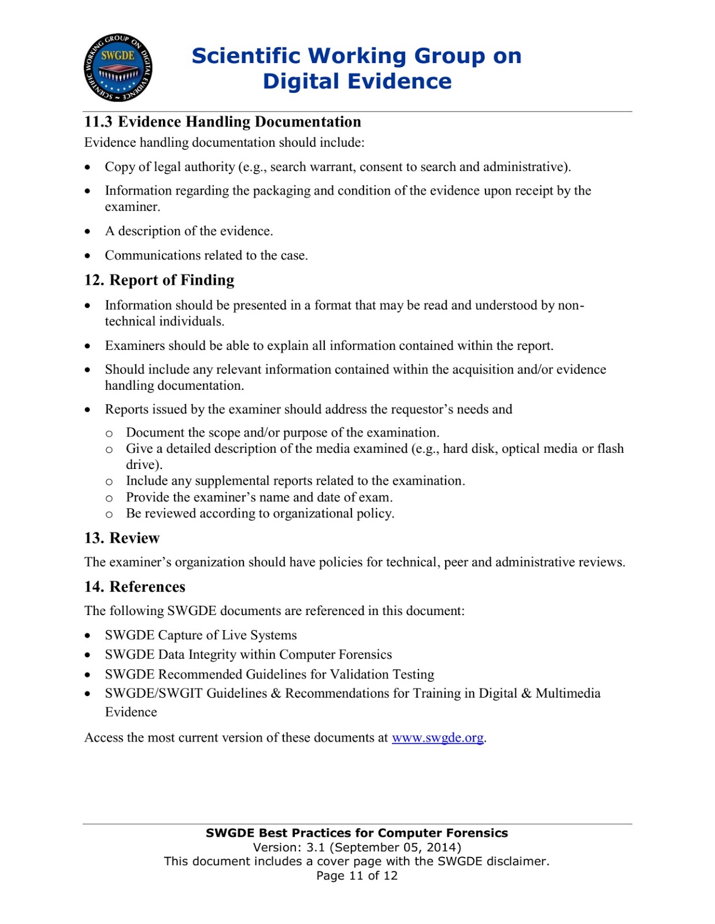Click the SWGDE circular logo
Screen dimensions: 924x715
coord(118,68)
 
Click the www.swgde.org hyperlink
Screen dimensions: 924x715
coord(438,737)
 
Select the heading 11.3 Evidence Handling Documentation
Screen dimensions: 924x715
coord(223,122)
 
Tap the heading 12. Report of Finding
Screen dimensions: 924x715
coord(159,280)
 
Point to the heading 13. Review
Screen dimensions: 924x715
coord(122,538)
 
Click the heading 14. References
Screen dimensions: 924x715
coord(135,587)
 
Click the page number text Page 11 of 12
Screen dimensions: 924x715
coord(357,875)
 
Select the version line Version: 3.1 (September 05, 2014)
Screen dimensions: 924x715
coord(357,847)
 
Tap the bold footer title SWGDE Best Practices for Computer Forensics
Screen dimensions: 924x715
coord(357,833)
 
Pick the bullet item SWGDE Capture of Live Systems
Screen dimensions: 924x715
coord(201,635)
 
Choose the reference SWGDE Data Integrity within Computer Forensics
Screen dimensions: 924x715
coord(248,654)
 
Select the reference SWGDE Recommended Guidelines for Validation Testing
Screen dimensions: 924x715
coord(269,674)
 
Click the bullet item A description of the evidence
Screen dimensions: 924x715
coord(188,231)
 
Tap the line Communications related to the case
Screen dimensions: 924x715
coord(206,255)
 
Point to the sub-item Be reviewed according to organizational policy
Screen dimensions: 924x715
coord(260,513)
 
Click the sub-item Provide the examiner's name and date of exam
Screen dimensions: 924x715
coord(259,497)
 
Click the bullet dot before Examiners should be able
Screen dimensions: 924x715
coord(88,346)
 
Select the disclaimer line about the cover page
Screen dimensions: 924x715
coord(357,861)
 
